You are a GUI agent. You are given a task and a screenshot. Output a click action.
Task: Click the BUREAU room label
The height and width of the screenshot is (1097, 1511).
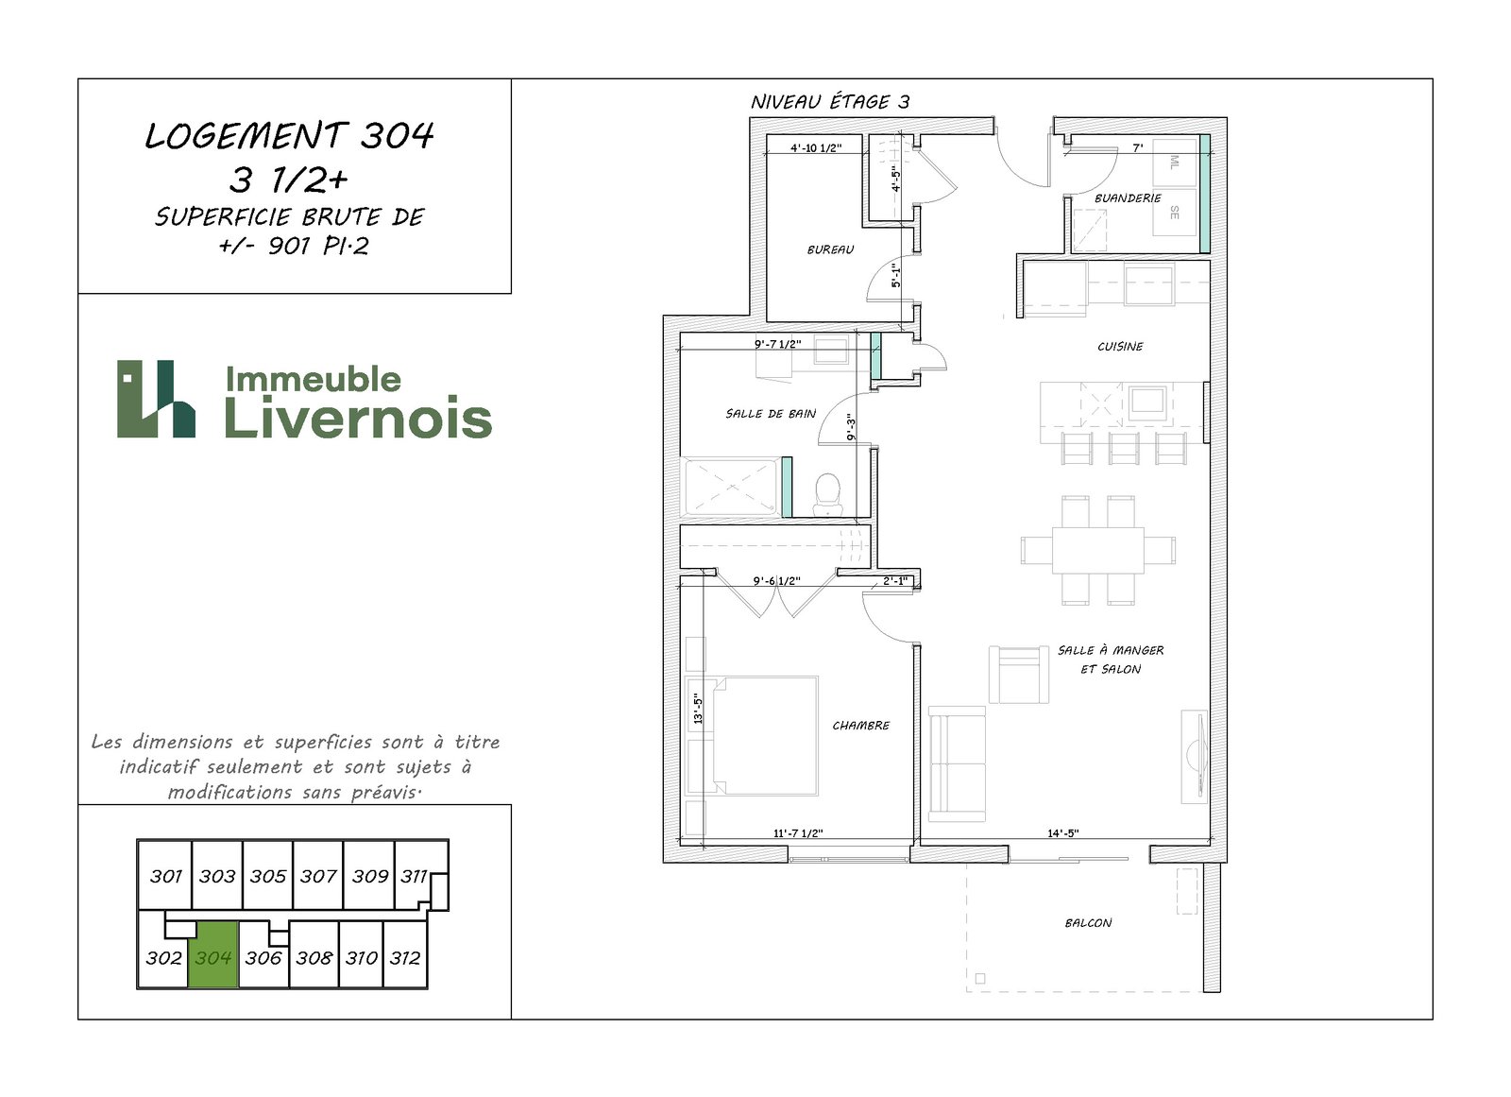[x=830, y=249]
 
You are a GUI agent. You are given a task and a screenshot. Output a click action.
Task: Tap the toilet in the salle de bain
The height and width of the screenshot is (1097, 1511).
[x=827, y=494]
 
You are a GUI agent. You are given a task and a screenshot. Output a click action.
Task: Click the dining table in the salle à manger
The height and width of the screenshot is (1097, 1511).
[x=1097, y=550]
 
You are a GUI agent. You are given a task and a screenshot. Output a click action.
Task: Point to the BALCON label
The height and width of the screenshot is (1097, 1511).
[x=1088, y=923]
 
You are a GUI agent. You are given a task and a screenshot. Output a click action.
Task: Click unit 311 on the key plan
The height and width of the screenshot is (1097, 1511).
[x=414, y=876]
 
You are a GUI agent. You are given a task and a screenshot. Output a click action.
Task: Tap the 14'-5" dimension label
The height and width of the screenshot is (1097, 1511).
[x=1063, y=833]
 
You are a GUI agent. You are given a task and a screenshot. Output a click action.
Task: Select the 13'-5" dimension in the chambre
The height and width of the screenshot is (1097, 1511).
[x=698, y=711]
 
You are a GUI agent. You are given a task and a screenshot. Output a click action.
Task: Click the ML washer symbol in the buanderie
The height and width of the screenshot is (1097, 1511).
[x=1175, y=162]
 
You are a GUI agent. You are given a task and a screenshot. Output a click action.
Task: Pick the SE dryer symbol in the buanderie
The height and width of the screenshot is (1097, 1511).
[x=1175, y=213]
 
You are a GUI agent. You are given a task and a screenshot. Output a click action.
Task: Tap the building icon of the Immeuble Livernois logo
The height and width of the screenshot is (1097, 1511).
[x=156, y=399]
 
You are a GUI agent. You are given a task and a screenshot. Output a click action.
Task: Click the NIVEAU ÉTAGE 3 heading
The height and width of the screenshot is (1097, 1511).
[x=830, y=102]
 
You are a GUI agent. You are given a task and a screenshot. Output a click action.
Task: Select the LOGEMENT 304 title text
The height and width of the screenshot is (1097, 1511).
[x=289, y=136]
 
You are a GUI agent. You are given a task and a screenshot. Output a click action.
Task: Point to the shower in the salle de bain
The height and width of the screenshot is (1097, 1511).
[x=731, y=487]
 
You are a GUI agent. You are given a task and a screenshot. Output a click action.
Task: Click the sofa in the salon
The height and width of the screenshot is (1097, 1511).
[x=958, y=763]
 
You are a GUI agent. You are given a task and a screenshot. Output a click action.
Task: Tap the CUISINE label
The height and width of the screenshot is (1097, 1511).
[x=1120, y=347]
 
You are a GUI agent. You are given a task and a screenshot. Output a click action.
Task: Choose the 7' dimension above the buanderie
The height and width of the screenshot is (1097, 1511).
[x=1138, y=147]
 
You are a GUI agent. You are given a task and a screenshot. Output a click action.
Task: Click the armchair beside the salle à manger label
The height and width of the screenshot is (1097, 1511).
[x=1019, y=675]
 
